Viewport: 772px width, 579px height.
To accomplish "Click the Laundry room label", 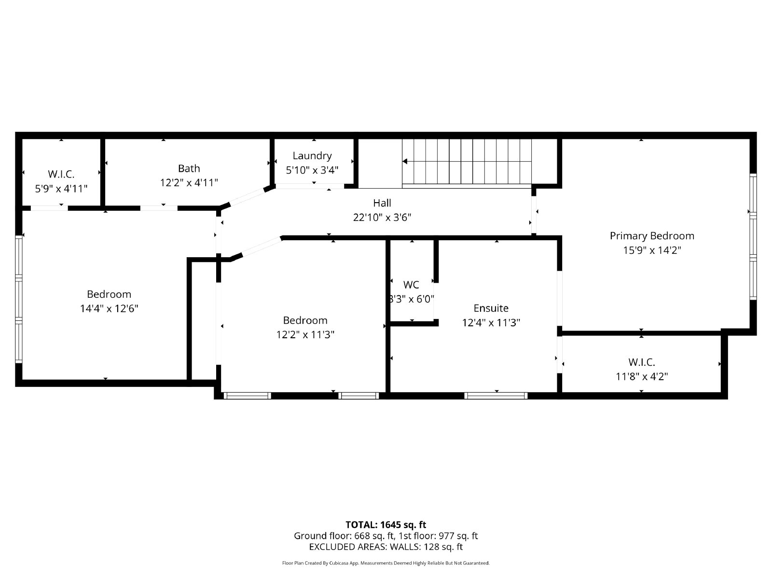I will [x=312, y=155].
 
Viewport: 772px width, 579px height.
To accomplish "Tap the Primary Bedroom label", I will [x=652, y=235].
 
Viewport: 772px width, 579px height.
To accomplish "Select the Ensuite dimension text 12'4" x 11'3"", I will [x=491, y=322].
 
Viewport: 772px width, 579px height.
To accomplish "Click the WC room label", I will [x=411, y=285].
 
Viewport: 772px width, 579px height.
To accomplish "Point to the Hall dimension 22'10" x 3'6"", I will [x=382, y=217].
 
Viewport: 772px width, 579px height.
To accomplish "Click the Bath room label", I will [x=189, y=168].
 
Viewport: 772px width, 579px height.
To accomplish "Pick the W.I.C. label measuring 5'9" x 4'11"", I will [x=61, y=174].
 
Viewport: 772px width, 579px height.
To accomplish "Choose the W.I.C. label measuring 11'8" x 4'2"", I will [x=642, y=362].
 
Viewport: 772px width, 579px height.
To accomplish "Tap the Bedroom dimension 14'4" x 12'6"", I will [x=109, y=308].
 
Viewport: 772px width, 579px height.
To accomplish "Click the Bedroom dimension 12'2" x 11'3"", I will [x=305, y=334].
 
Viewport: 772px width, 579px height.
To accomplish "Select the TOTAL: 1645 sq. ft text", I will [x=386, y=524].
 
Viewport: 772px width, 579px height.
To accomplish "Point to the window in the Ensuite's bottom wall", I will [x=496, y=396].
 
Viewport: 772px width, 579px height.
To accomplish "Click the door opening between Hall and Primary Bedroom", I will [x=534, y=212].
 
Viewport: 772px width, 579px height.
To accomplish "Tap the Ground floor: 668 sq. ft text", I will [x=344, y=536].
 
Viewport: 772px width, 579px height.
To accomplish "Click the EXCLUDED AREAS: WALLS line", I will [x=386, y=547].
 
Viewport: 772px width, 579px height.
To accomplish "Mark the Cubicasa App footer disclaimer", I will [x=386, y=563].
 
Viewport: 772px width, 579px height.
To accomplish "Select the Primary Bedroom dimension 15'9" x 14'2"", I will [x=652, y=250].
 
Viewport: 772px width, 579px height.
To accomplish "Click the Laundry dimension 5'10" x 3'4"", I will [x=312, y=170].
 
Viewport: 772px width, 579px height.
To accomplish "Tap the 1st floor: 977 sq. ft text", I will [x=438, y=536].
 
